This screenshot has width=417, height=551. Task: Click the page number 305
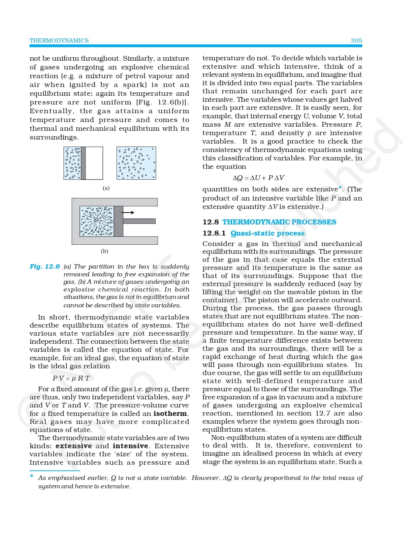pos(356,40)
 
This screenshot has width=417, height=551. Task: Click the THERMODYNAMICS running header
pos(59,40)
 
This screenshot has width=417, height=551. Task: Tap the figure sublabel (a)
pos(106,188)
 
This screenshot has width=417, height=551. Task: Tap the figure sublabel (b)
pos(104,251)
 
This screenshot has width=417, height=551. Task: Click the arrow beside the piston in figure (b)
pos(128,213)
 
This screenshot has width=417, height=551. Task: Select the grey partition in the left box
pos(83,163)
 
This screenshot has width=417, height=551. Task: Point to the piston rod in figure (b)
pos(139,221)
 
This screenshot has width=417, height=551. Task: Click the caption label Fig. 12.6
pos(44,267)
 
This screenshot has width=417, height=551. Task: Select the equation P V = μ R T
pos(71,378)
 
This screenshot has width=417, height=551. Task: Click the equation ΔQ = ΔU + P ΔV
pos(258,178)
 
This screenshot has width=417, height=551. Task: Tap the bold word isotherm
pos(170,414)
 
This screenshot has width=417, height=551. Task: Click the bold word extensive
pos(73,446)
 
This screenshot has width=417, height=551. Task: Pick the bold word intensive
pos(130,446)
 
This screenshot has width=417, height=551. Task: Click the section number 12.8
pos(211,222)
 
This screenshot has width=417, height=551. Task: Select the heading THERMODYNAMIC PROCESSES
pos(279,222)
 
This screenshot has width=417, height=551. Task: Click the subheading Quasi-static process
pos(267,233)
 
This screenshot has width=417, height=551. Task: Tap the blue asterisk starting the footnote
pos(32,476)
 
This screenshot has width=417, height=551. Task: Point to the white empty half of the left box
pos(94,163)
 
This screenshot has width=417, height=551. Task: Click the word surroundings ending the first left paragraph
pos(53,137)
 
